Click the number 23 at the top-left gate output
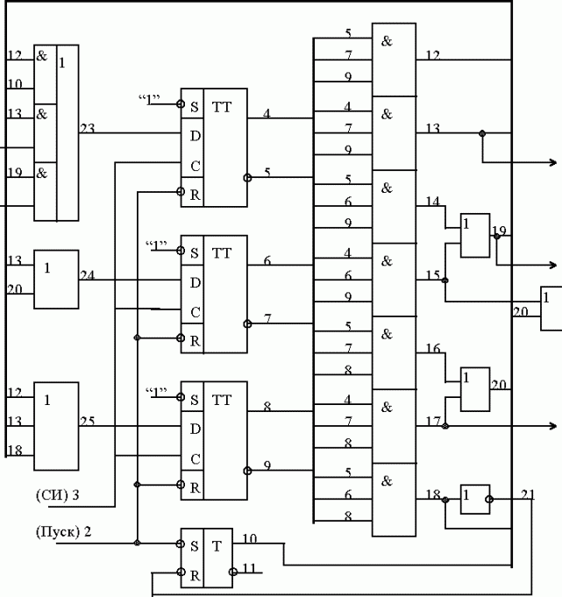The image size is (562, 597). coord(87,129)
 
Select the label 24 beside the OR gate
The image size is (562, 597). coord(87,275)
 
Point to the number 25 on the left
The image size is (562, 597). coord(87,422)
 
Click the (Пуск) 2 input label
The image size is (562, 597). coord(62,532)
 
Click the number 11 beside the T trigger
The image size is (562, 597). coord(249,569)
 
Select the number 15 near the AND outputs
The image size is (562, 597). coord(433,275)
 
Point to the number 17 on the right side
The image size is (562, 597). coord(433,421)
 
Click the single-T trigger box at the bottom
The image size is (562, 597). coord(207,558)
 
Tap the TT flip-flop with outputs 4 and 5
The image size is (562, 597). coord(214,147)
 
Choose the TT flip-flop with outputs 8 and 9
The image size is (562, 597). coord(214,440)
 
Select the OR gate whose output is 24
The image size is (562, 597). coord(55,278)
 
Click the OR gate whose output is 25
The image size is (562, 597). coord(55,425)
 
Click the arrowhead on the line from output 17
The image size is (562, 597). coord(552,425)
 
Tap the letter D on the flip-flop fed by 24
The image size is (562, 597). coord(196,283)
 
